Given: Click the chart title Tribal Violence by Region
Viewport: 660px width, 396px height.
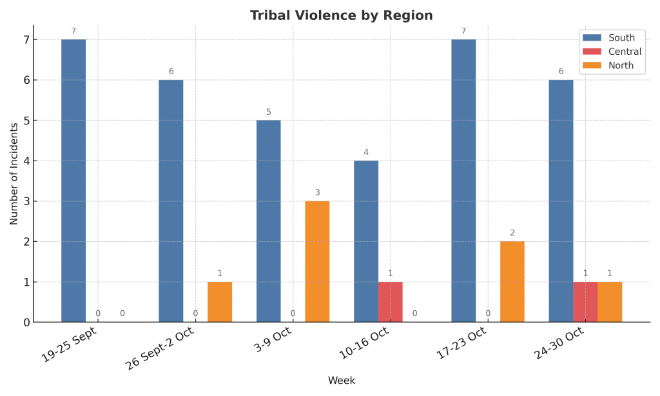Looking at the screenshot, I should tap(341, 15).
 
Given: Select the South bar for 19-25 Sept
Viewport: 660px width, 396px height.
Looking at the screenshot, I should tap(73, 181).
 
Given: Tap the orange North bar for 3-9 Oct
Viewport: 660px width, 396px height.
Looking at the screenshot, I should tap(317, 261).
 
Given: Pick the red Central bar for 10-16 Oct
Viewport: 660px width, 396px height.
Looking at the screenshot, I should tap(390, 302).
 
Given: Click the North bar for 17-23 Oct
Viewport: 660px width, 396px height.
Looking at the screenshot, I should tap(512, 282).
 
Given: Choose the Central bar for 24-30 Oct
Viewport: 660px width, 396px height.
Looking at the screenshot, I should tap(585, 302).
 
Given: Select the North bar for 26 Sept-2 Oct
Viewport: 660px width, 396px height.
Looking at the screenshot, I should tap(220, 302).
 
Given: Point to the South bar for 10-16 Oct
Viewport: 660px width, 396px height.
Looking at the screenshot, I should tap(366, 241).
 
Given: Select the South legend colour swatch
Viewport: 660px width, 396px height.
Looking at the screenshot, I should tap(591, 37).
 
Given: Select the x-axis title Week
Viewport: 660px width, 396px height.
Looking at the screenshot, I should tap(341, 381).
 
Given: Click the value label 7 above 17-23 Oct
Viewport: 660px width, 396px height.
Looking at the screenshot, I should tap(463, 31).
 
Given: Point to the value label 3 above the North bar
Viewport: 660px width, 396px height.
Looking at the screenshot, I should tap(317, 192).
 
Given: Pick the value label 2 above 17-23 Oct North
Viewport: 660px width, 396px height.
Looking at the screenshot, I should tap(512, 233).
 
